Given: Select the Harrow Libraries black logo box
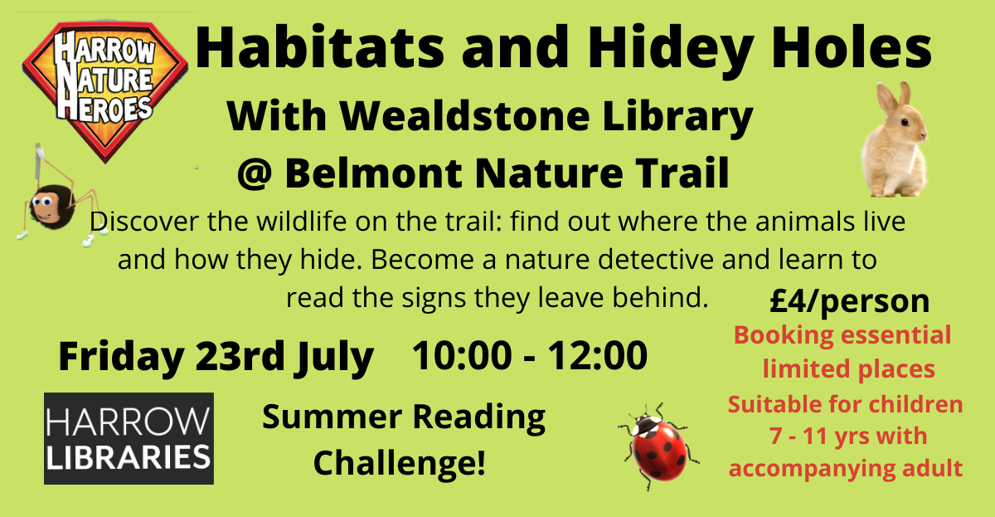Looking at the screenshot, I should click(x=129, y=438).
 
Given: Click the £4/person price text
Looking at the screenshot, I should click(x=849, y=301).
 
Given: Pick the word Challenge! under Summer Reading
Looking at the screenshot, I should click(x=399, y=461).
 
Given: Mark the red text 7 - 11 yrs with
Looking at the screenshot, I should click(x=844, y=436).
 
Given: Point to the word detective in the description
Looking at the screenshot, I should click(x=639, y=260).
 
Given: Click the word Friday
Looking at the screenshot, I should click(x=121, y=357).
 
